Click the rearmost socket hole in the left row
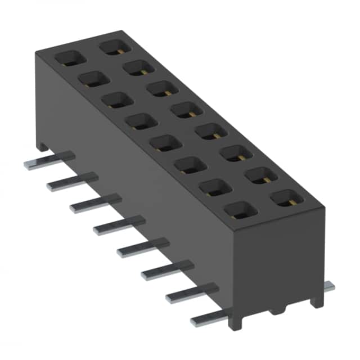pyautogui.click(x=70, y=58)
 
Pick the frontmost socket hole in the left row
pyautogui.click(x=238, y=210)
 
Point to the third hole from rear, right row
pyautogui.click(x=163, y=88)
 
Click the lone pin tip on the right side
pyautogui.click(x=328, y=287)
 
